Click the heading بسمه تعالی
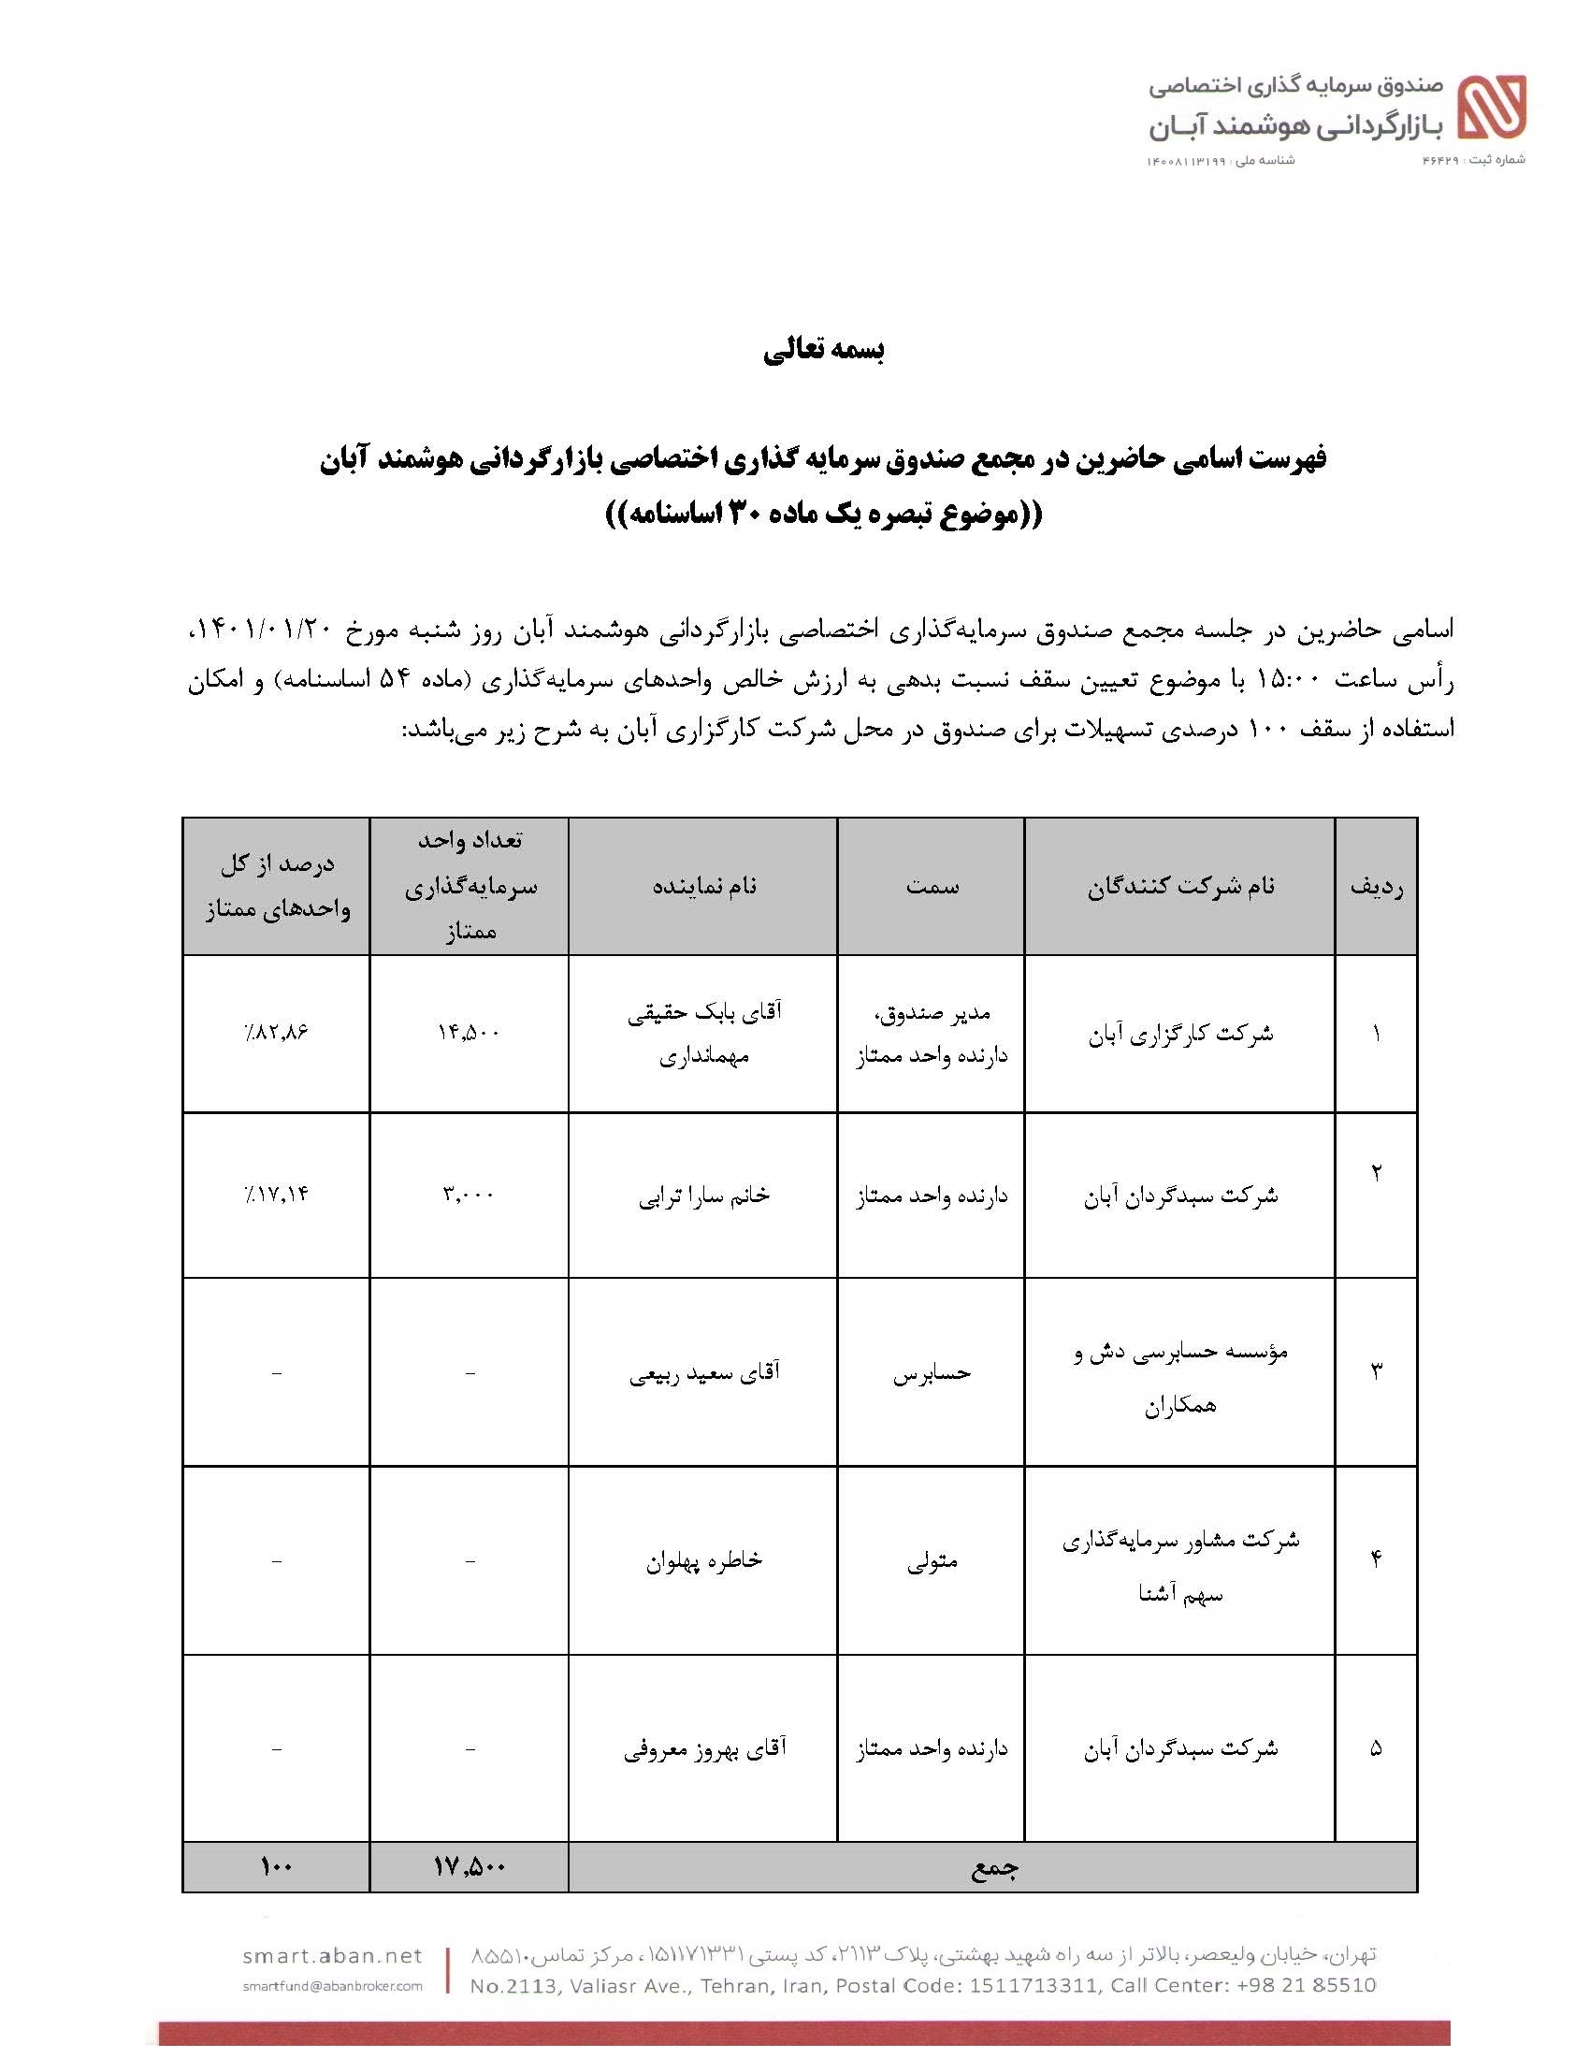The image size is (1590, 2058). [823, 351]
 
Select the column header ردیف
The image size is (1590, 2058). [1375, 887]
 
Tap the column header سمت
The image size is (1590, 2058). [932, 887]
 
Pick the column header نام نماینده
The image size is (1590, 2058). [703, 887]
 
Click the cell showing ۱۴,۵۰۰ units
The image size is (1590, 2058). [469, 1033]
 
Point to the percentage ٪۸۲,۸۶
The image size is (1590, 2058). [275, 1033]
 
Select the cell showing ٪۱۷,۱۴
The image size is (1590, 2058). [275, 1195]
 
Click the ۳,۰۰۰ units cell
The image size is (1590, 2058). [469, 1195]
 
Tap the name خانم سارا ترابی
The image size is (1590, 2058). [703, 1195]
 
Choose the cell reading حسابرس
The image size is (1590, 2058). [932, 1373]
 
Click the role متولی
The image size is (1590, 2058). [932, 1561]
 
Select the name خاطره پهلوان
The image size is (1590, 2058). [703, 1561]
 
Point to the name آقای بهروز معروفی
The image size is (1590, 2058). [703, 1750]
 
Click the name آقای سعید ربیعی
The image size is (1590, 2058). [703, 1373]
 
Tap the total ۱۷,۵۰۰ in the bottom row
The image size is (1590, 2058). [469, 1866]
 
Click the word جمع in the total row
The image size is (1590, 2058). [993, 1867]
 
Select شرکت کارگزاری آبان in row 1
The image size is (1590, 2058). [1180, 1034]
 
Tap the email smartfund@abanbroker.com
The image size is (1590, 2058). [332, 1986]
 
